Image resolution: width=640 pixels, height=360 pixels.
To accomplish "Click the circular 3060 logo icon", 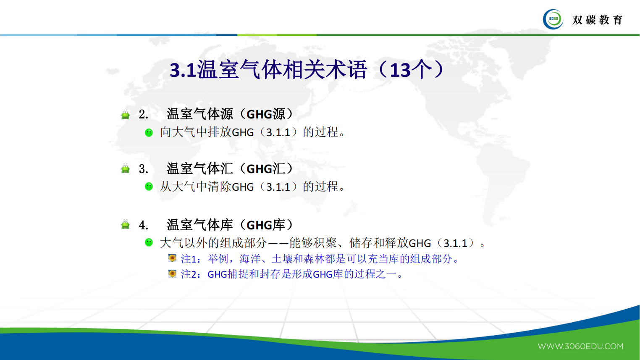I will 553,19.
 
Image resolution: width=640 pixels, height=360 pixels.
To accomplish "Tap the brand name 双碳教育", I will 597,20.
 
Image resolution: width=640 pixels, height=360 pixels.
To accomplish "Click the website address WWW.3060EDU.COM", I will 580,346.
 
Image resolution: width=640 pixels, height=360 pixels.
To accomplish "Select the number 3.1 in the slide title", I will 183,70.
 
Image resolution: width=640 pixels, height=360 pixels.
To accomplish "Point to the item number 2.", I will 143,114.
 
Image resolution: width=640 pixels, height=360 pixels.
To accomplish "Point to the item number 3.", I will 143,169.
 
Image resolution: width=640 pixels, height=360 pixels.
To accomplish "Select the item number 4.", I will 143,225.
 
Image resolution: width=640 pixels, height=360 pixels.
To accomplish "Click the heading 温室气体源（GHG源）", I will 230,114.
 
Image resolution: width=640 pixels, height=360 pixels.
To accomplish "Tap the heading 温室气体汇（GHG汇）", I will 230,168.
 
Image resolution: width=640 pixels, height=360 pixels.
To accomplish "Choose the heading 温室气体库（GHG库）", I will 230,225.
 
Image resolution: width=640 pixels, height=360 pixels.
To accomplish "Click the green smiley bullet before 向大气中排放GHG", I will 149,132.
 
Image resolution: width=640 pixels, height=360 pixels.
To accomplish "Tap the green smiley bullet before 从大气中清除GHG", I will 149,187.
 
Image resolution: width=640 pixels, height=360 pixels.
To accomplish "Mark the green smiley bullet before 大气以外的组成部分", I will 149,242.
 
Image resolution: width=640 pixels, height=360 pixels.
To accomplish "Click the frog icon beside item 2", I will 125,114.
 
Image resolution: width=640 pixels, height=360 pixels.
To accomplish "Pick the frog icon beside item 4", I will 125,225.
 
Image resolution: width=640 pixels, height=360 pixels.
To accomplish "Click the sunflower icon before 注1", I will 172,258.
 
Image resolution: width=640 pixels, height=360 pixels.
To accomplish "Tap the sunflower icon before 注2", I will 172,274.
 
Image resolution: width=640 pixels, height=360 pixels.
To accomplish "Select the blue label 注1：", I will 191,259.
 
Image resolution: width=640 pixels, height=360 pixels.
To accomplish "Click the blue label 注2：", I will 191,274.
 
